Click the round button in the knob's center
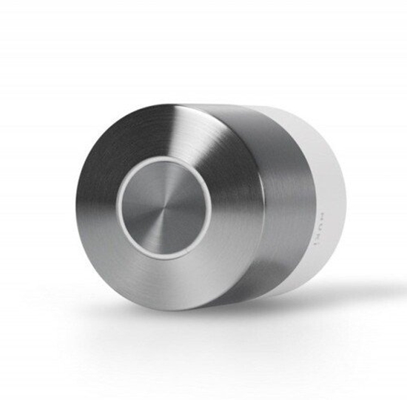tap(164, 208)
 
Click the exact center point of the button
tap(164, 208)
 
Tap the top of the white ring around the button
tap(164, 161)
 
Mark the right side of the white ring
tap(209, 208)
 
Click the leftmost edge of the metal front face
tap(75, 208)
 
